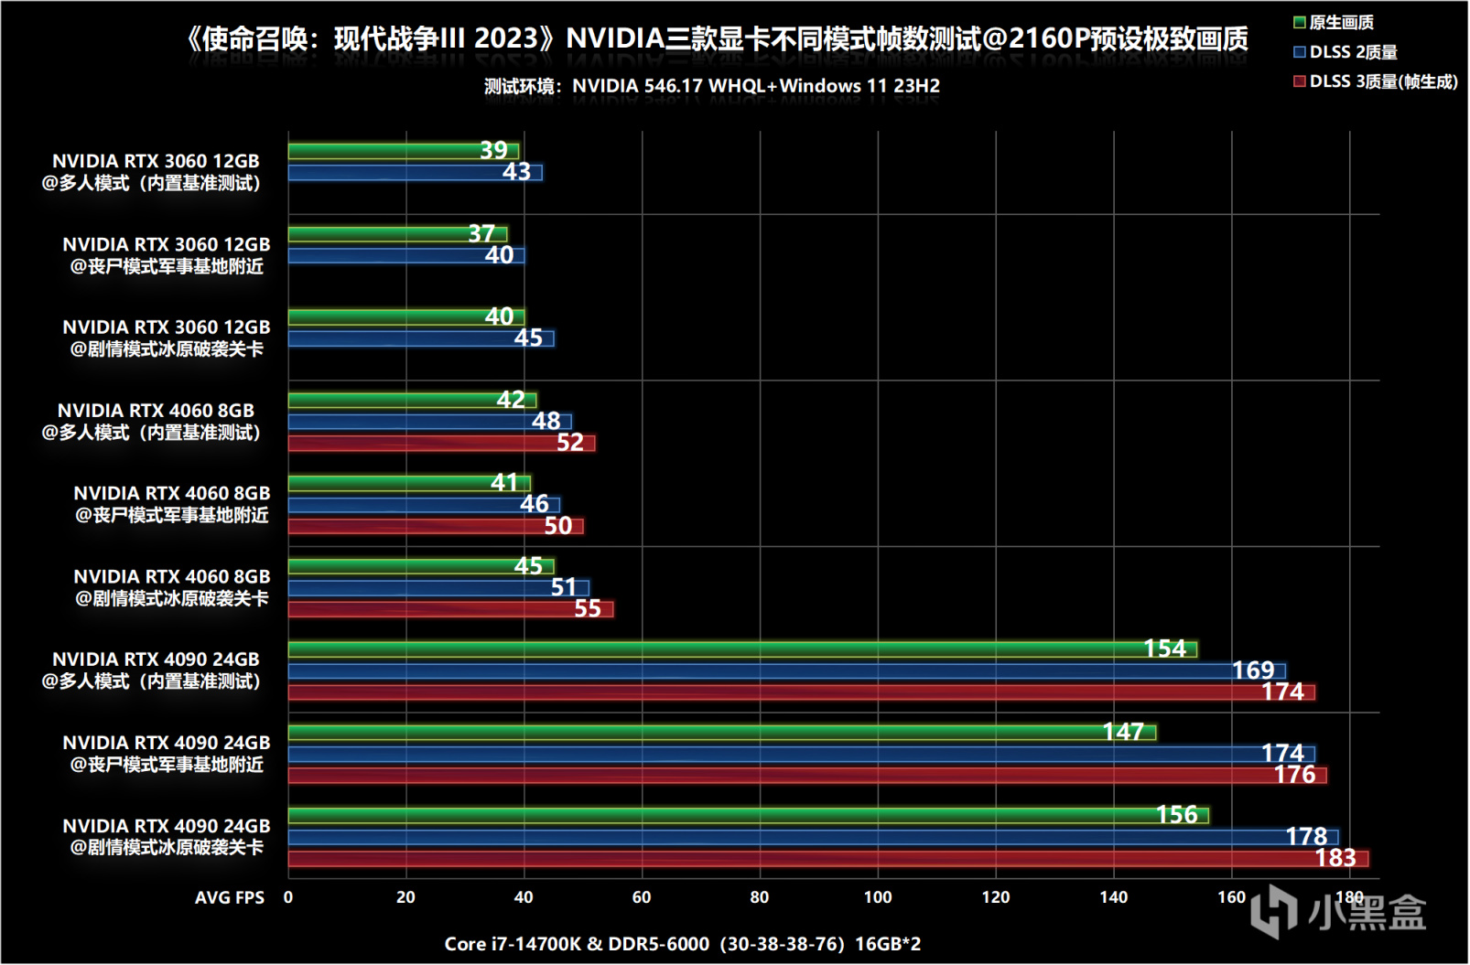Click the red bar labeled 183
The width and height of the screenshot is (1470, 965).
[x=827, y=859]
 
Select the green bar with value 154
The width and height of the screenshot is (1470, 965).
[x=741, y=649]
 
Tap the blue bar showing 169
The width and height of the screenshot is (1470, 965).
[x=786, y=671]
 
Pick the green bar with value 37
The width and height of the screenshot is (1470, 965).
[x=397, y=234]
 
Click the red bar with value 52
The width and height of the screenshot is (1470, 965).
[x=441, y=444]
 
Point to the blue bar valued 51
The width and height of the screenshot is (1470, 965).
[x=438, y=588]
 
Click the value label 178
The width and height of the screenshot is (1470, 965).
[x=1306, y=837]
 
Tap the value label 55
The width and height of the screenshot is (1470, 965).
[x=588, y=609]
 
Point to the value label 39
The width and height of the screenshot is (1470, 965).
[x=493, y=151]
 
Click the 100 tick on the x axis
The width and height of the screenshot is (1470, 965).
[x=878, y=897]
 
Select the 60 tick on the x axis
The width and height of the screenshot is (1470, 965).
[x=642, y=897]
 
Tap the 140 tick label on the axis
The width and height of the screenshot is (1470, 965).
[x=1113, y=897]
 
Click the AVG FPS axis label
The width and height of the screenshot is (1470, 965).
[x=229, y=898]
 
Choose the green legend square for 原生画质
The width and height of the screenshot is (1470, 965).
[x=1300, y=23]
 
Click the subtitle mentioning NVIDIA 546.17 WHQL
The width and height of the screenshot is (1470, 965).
[x=712, y=86]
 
